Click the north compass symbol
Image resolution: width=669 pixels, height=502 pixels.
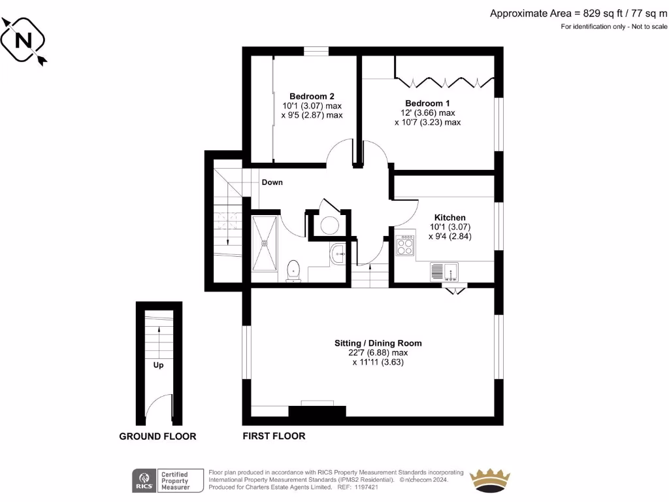point(24,41)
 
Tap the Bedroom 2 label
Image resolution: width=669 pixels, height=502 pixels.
point(312,96)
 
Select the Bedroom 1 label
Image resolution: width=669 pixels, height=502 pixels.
point(427,103)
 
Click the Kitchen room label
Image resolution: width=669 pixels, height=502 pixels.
point(450,218)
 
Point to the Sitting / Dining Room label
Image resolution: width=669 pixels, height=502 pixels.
point(378,343)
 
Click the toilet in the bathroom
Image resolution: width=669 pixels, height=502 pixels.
point(293,270)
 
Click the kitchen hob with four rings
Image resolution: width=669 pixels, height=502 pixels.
point(405,246)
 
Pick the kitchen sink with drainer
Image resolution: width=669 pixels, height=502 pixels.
point(444,271)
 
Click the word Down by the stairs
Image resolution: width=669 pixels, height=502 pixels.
point(272,182)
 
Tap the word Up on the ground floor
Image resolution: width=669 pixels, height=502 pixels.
point(158,365)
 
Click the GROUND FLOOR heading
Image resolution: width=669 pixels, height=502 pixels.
point(157,437)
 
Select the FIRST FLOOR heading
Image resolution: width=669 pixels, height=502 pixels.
point(274,436)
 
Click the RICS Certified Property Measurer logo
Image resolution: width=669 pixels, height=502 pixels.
point(162,480)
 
